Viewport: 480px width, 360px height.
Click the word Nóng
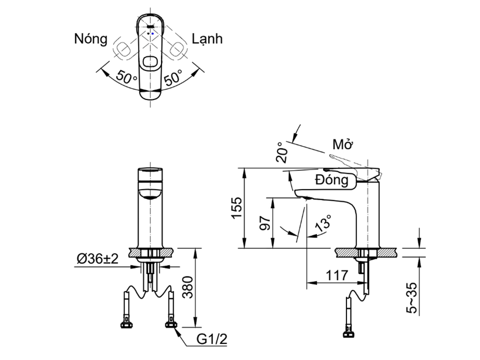pos(90,39)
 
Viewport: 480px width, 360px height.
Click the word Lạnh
pos(207,39)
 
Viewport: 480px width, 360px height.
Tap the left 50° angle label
pos(126,77)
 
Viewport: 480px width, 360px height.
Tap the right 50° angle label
pos(173,77)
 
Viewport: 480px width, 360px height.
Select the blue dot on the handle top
pos(152,33)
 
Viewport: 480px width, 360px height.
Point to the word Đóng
pos(332,179)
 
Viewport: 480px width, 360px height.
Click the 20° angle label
pos(282,152)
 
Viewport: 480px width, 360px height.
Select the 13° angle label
pos(323,222)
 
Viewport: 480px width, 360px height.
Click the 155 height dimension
pos(237,208)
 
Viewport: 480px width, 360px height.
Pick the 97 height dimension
pos(265,223)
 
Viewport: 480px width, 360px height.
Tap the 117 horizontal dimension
pos(336,275)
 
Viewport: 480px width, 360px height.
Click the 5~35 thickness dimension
pos(411,297)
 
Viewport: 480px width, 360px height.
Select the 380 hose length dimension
pos(187,287)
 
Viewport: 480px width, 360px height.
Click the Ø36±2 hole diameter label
pos(97,259)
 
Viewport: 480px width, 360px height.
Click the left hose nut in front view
pos(126,325)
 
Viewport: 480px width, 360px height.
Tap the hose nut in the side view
pos(348,334)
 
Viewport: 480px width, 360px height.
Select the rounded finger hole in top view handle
pos(150,61)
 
